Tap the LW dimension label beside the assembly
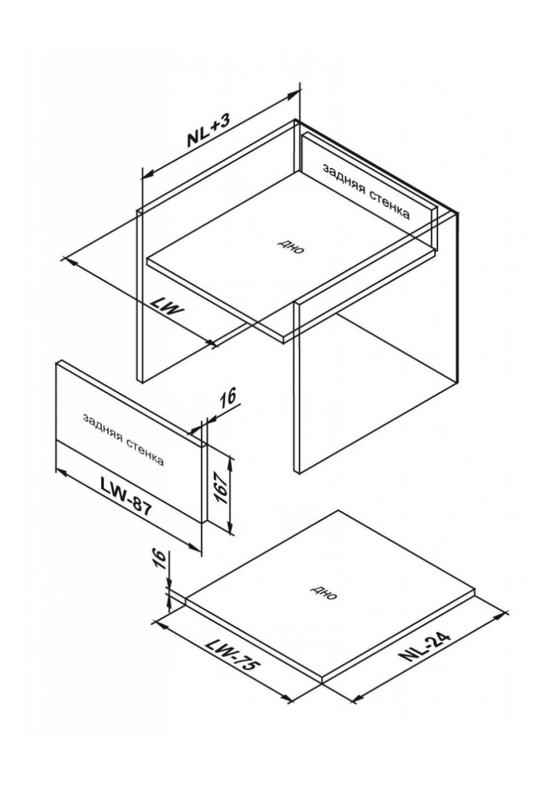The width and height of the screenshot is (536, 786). click(x=167, y=306)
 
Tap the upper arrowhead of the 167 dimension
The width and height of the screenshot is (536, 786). click(x=230, y=463)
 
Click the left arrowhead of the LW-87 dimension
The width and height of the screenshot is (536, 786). click(x=61, y=472)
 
